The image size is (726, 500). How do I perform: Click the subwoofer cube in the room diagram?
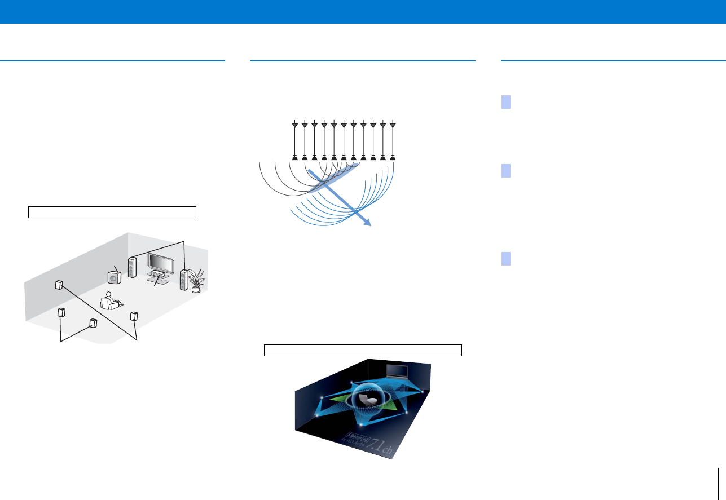pos(115,278)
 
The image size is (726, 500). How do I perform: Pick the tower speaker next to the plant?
pos(183,280)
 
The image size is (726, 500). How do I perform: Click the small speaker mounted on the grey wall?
pos(59,285)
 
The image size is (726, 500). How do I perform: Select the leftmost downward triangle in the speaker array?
pos(294,126)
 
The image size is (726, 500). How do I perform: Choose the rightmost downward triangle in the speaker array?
pos(393,126)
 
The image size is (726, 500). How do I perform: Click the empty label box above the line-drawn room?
pos(112,212)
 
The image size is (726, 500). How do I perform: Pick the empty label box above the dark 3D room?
pos(363,350)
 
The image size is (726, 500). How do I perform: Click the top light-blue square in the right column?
pos(506,102)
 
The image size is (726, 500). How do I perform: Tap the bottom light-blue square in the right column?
pos(506,259)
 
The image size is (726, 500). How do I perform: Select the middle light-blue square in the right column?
pos(506,171)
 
